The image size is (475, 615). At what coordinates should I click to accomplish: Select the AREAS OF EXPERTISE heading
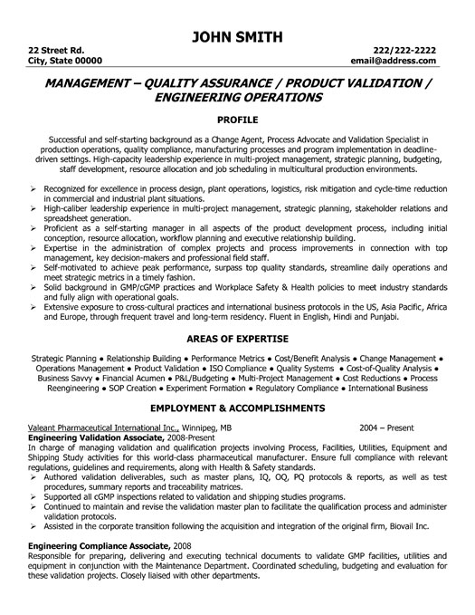(x=237, y=337)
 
